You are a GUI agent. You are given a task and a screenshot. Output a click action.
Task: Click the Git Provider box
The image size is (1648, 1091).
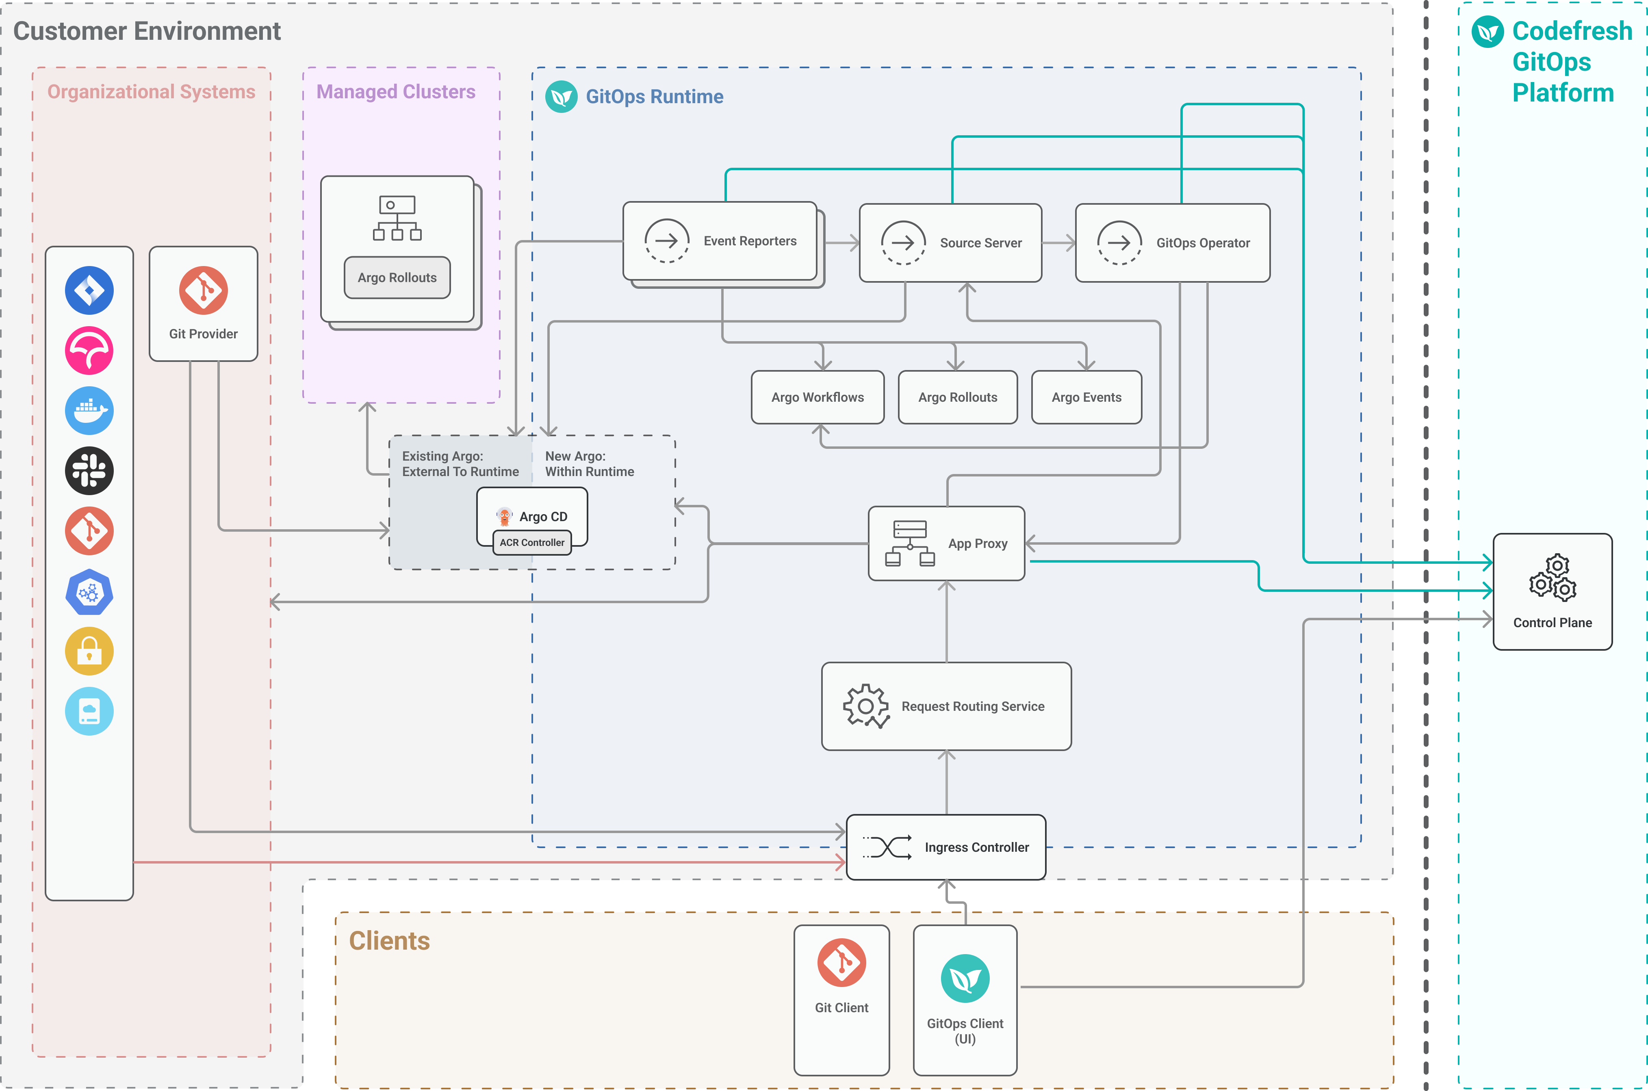[x=203, y=304]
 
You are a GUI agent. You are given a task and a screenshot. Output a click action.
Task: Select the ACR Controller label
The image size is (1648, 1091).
[x=532, y=543]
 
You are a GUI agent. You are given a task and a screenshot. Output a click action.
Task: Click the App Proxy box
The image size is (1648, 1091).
[x=946, y=543]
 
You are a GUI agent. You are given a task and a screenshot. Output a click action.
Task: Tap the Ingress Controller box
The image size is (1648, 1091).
[x=946, y=847]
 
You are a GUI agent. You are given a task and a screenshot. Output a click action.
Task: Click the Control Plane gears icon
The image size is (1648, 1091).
[x=1552, y=578]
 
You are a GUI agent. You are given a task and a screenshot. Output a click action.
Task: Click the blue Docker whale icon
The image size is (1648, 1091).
[x=89, y=411]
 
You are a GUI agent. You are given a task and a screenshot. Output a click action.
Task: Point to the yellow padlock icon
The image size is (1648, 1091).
[x=89, y=651]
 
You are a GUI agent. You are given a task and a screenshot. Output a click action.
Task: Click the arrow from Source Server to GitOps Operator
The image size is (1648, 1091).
[x=1058, y=243]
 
